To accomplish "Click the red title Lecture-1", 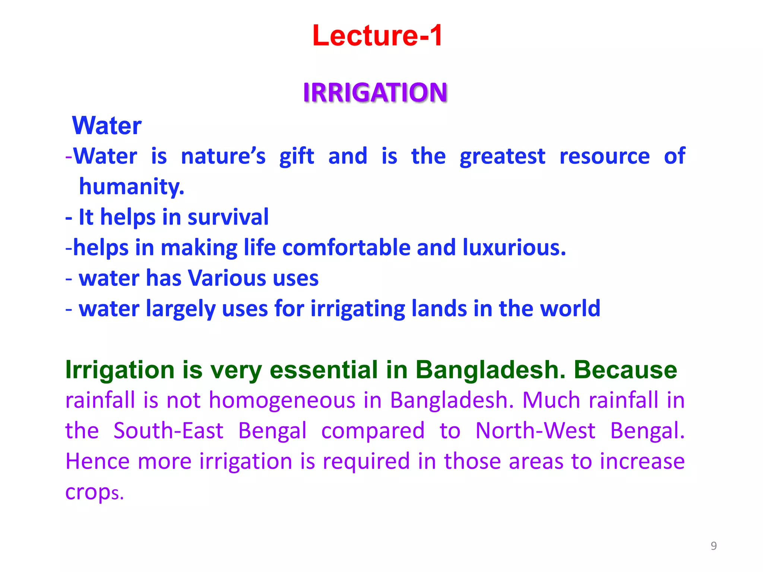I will click(377, 36).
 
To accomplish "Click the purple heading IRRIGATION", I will click(375, 92).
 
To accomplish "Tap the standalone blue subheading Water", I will click(107, 125).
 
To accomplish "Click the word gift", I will click(297, 156).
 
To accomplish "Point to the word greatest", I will click(502, 156).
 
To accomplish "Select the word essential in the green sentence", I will click(323, 370).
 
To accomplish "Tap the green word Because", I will click(625, 370).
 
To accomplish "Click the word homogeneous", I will click(282, 401).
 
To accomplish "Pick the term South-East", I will click(168, 431).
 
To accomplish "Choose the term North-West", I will click(535, 431).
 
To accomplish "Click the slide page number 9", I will click(713, 546).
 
